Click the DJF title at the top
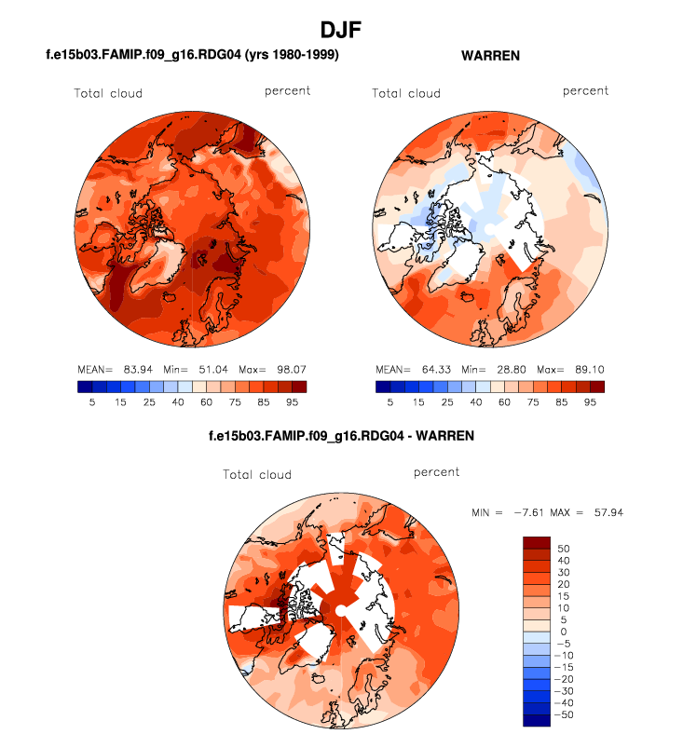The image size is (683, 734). tap(341, 31)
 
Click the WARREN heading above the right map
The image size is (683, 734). tap(490, 57)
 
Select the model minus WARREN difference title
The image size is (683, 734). tap(341, 435)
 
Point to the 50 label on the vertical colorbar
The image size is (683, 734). tap(564, 549)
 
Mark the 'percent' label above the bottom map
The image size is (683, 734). tap(436, 472)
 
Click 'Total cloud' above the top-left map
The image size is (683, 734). tap(108, 93)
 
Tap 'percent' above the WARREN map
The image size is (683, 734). tap(585, 91)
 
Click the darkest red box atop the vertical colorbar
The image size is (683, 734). tap(537, 542)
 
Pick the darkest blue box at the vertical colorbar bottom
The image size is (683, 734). tap(537, 720)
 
